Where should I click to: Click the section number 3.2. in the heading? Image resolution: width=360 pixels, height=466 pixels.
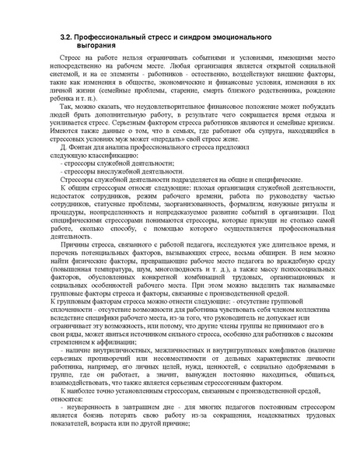click(x=68, y=37)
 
